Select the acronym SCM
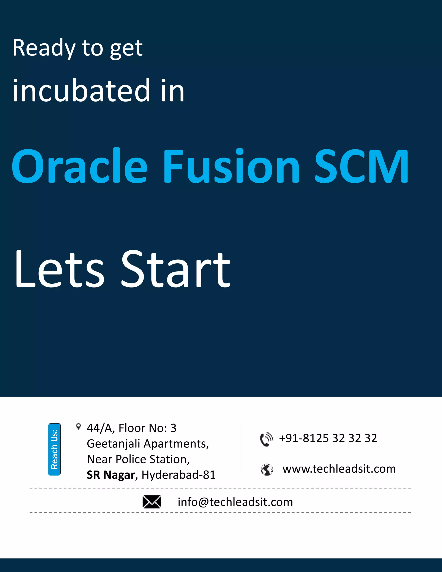361,166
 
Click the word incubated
81,90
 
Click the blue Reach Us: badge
54,449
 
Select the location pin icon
78,427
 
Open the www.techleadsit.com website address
339,469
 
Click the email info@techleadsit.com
235,502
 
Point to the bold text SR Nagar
111,475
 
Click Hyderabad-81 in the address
178,475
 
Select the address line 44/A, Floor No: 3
131,428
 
